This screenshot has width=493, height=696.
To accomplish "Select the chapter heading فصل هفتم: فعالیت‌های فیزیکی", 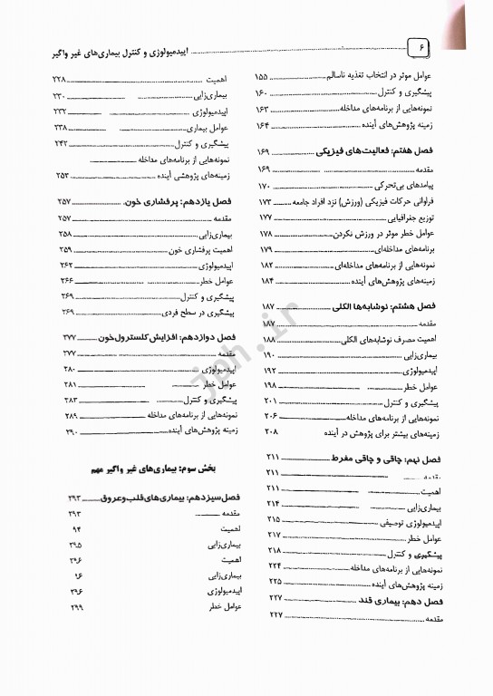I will (376, 152).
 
